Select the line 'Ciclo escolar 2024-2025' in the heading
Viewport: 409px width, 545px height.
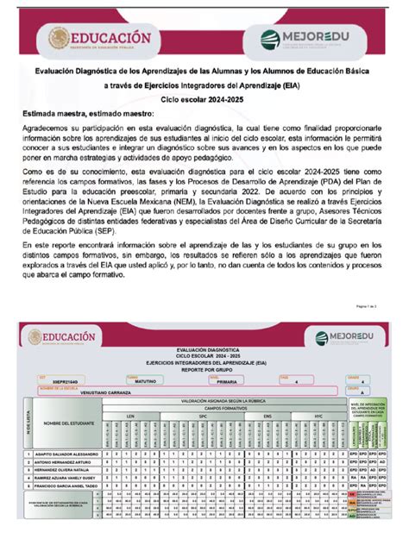pos(204,101)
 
